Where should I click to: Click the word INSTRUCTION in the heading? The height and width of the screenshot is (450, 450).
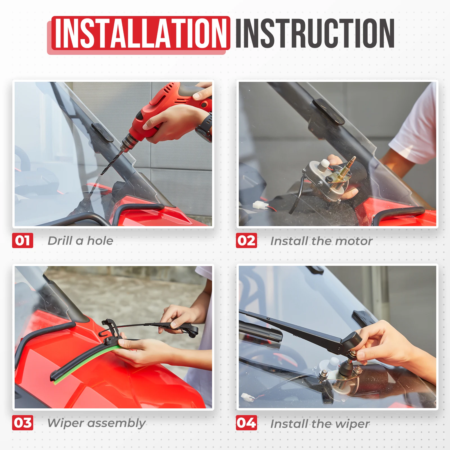(x=315, y=33)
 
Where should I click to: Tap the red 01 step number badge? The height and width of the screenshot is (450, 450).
(x=22, y=240)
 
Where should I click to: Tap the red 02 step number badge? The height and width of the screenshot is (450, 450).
(x=246, y=240)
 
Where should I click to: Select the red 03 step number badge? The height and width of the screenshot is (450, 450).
(x=22, y=423)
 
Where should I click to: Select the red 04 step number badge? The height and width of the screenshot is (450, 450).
(x=246, y=423)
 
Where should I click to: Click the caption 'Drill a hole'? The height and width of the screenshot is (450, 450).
(x=80, y=241)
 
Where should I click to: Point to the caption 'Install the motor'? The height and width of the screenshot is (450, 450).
(x=321, y=241)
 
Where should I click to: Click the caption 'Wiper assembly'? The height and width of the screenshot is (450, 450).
(x=96, y=423)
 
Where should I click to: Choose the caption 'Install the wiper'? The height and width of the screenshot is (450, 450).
(x=320, y=424)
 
